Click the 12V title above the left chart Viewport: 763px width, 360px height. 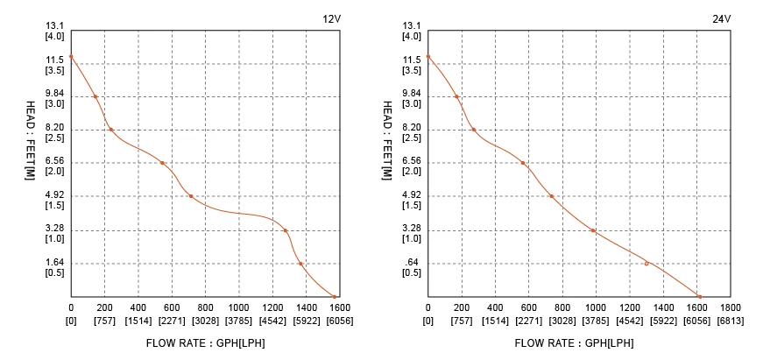330,19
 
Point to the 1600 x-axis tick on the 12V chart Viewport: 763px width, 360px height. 339,308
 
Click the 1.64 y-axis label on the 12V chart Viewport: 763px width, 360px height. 54,263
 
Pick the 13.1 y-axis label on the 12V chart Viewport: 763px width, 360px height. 54,26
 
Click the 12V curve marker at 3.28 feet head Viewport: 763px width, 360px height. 286,230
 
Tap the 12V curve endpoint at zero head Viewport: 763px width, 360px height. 334,296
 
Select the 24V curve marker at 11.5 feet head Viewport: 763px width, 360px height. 427,57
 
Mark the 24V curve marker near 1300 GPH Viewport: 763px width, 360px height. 646,264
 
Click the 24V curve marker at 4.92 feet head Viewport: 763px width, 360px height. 551,196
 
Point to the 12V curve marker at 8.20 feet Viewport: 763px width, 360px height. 110,130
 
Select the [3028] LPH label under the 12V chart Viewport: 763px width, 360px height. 205,321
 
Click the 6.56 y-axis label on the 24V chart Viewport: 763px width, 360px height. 411,161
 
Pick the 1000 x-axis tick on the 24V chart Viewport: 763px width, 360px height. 596,308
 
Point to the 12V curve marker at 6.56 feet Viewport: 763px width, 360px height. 162,163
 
